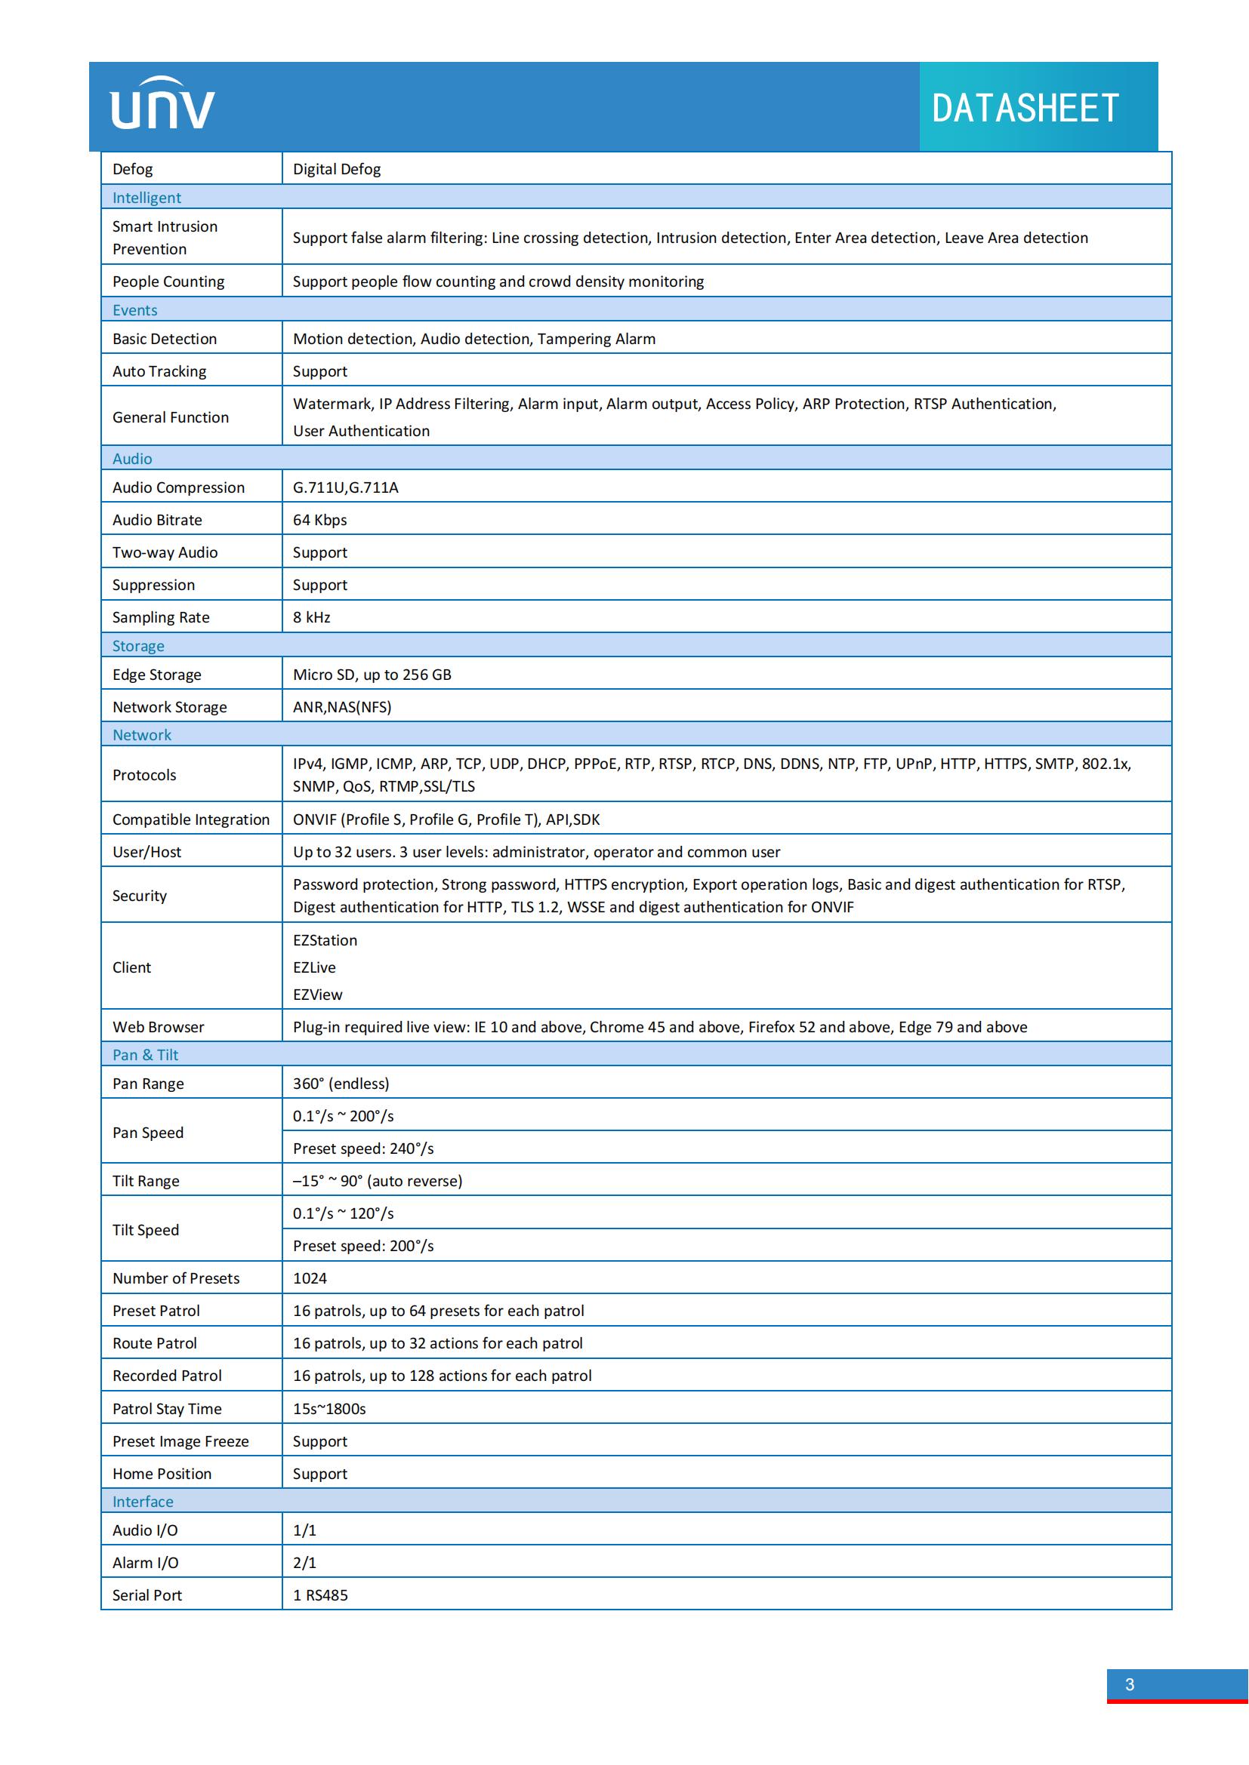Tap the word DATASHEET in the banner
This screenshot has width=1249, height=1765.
tap(1025, 109)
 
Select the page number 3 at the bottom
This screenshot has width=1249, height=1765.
tap(1129, 1684)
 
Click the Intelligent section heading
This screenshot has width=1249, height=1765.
tap(147, 198)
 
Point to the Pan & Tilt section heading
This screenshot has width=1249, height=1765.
tap(145, 1055)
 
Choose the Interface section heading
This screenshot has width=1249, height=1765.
tap(143, 1502)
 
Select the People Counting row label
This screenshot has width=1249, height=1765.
tap(168, 281)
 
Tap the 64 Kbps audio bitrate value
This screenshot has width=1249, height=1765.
tap(320, 520)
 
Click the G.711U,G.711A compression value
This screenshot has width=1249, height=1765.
tap(345, 487)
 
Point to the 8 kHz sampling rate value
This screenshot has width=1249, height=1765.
tap(311, 617)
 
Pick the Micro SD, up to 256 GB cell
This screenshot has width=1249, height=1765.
tap(372, 674)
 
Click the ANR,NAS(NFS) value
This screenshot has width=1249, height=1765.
tap(342, 706)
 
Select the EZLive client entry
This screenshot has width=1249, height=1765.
tap(315, 967)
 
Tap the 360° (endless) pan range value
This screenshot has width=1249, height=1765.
tap(341, 1083)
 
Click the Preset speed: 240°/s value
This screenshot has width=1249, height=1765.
tap(363, 1148)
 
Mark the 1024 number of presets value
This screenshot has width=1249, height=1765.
tap(310, 1278)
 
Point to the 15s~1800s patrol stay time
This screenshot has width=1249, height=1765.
tap(329, 1408)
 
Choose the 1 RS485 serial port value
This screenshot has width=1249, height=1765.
tap(321, 1595)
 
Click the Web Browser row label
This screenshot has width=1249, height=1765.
tap(159, 1027)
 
